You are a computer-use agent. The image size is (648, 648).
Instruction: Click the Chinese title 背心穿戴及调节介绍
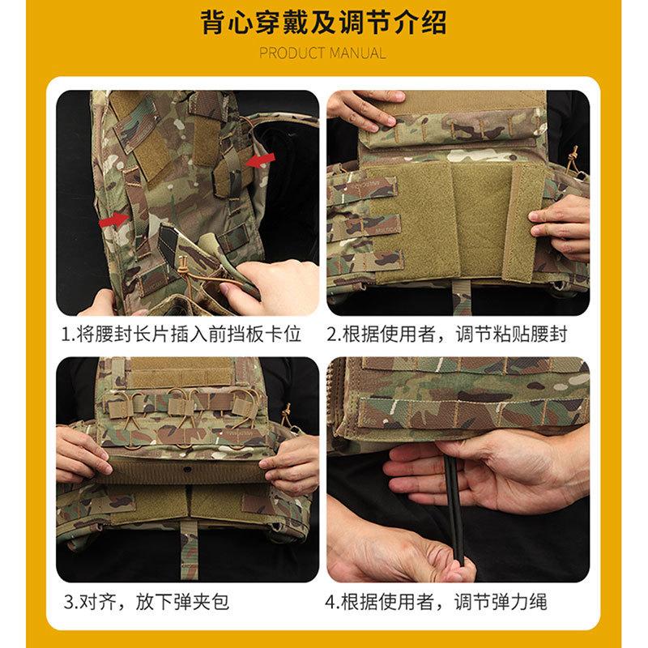[324, 22]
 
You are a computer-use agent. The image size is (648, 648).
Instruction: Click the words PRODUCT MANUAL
[323, 53]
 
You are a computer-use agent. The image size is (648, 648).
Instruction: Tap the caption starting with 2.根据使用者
[458, 334]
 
